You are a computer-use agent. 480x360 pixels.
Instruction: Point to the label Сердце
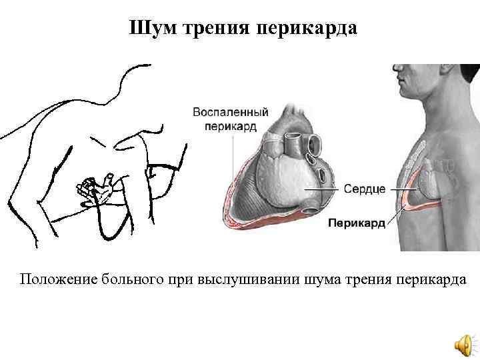pyautogui.click(x=364, y=189)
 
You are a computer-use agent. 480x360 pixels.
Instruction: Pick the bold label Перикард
pyautogui.click(x=357, y=224)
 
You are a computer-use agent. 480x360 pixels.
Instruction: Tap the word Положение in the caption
pyautogui.click(x=58, y=278)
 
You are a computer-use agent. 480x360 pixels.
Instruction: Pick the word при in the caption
pyautogui.click(x=181, y=278)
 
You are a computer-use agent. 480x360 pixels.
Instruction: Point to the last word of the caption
pyautogui.click(x=437, y=278)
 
